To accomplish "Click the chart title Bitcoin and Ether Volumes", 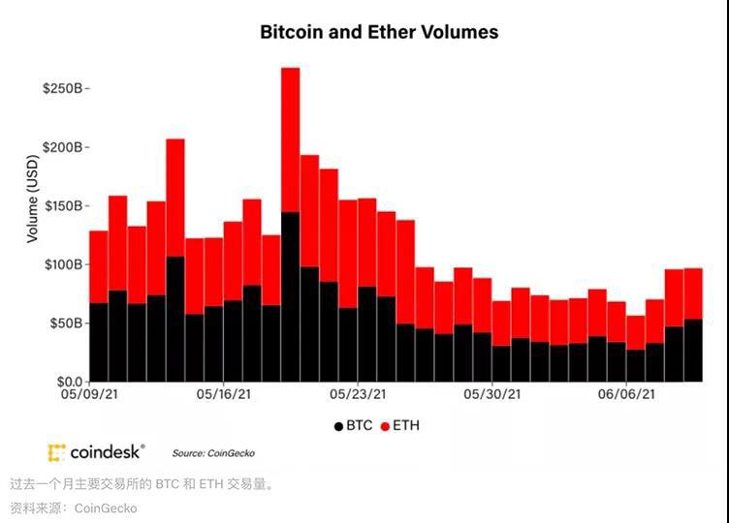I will (379, 32).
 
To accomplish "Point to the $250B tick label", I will (63, 88).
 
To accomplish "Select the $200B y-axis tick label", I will (63, 147).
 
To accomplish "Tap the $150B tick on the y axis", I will (63, 206).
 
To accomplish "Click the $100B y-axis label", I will (63, 264).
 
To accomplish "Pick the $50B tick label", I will (66, 323).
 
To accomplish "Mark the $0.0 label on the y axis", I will (67, 382).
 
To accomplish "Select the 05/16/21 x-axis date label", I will (225, 395).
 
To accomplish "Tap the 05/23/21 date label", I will (359, 395).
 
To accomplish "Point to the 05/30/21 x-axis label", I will (492, 395).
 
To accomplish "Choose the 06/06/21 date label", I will (626, 395).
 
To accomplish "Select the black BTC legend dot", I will (338, 425).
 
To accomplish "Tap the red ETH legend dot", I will (385, 425).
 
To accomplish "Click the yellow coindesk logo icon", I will (57, 452).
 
